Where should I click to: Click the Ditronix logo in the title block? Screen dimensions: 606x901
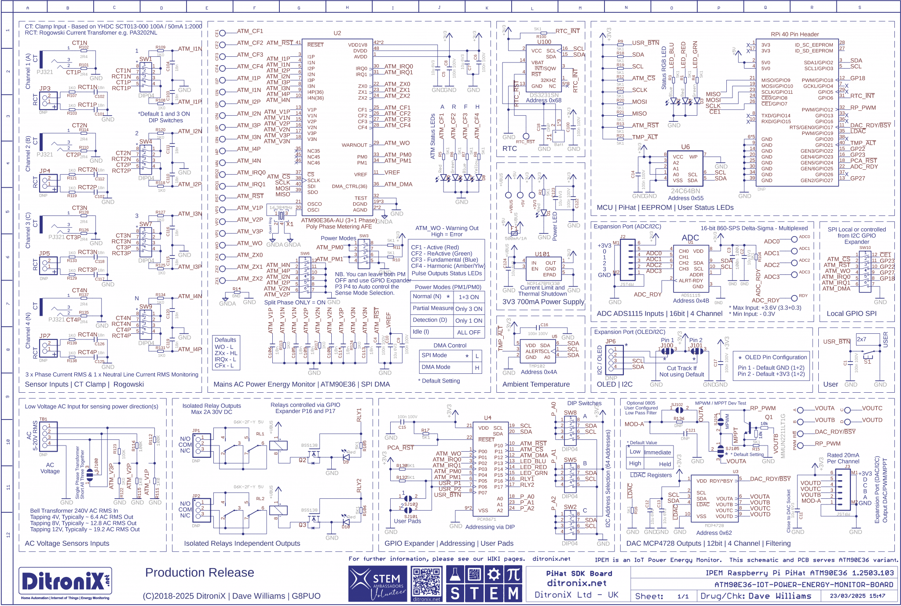pyautogui.click(x=65, y=581)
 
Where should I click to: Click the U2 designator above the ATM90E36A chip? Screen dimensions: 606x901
pyautogui.click(x=337, y=33)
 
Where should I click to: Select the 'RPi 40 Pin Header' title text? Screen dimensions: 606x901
pyautogui.click(x=795, y=34)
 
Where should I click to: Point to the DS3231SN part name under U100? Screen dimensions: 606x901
pyautogui.click(x=544, y=95)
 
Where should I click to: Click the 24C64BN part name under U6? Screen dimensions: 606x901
pyautogui.click(x=685, y=191)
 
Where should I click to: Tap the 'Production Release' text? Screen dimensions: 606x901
pyautogui.click(x=199, y=573)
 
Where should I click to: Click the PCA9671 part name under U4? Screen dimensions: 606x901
pyautogui.click(x=487, y=519)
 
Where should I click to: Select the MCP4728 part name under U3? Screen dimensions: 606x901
pyautogui.click(x=714, y=525)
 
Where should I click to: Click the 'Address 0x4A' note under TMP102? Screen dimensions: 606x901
pyautogui.click(x=538, y=372)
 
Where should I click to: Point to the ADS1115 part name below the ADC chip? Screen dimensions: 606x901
pyautogui.click(x=690, y=295)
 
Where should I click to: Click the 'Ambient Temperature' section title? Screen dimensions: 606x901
pyautogui.click(x=536, y=384)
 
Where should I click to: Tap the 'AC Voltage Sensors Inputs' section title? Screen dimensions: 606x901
pyautogui.click(x=67, y=544)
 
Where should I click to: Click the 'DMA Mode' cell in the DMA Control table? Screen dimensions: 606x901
pyautogui.click(x=436, y=367)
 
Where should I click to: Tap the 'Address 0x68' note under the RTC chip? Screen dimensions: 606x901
pyautogui.click(x=543, y=100)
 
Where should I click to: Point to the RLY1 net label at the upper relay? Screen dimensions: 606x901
pyautogui.click(x=359, y=415)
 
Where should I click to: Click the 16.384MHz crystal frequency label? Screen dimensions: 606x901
pyautogui.click(x=281, y=208)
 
